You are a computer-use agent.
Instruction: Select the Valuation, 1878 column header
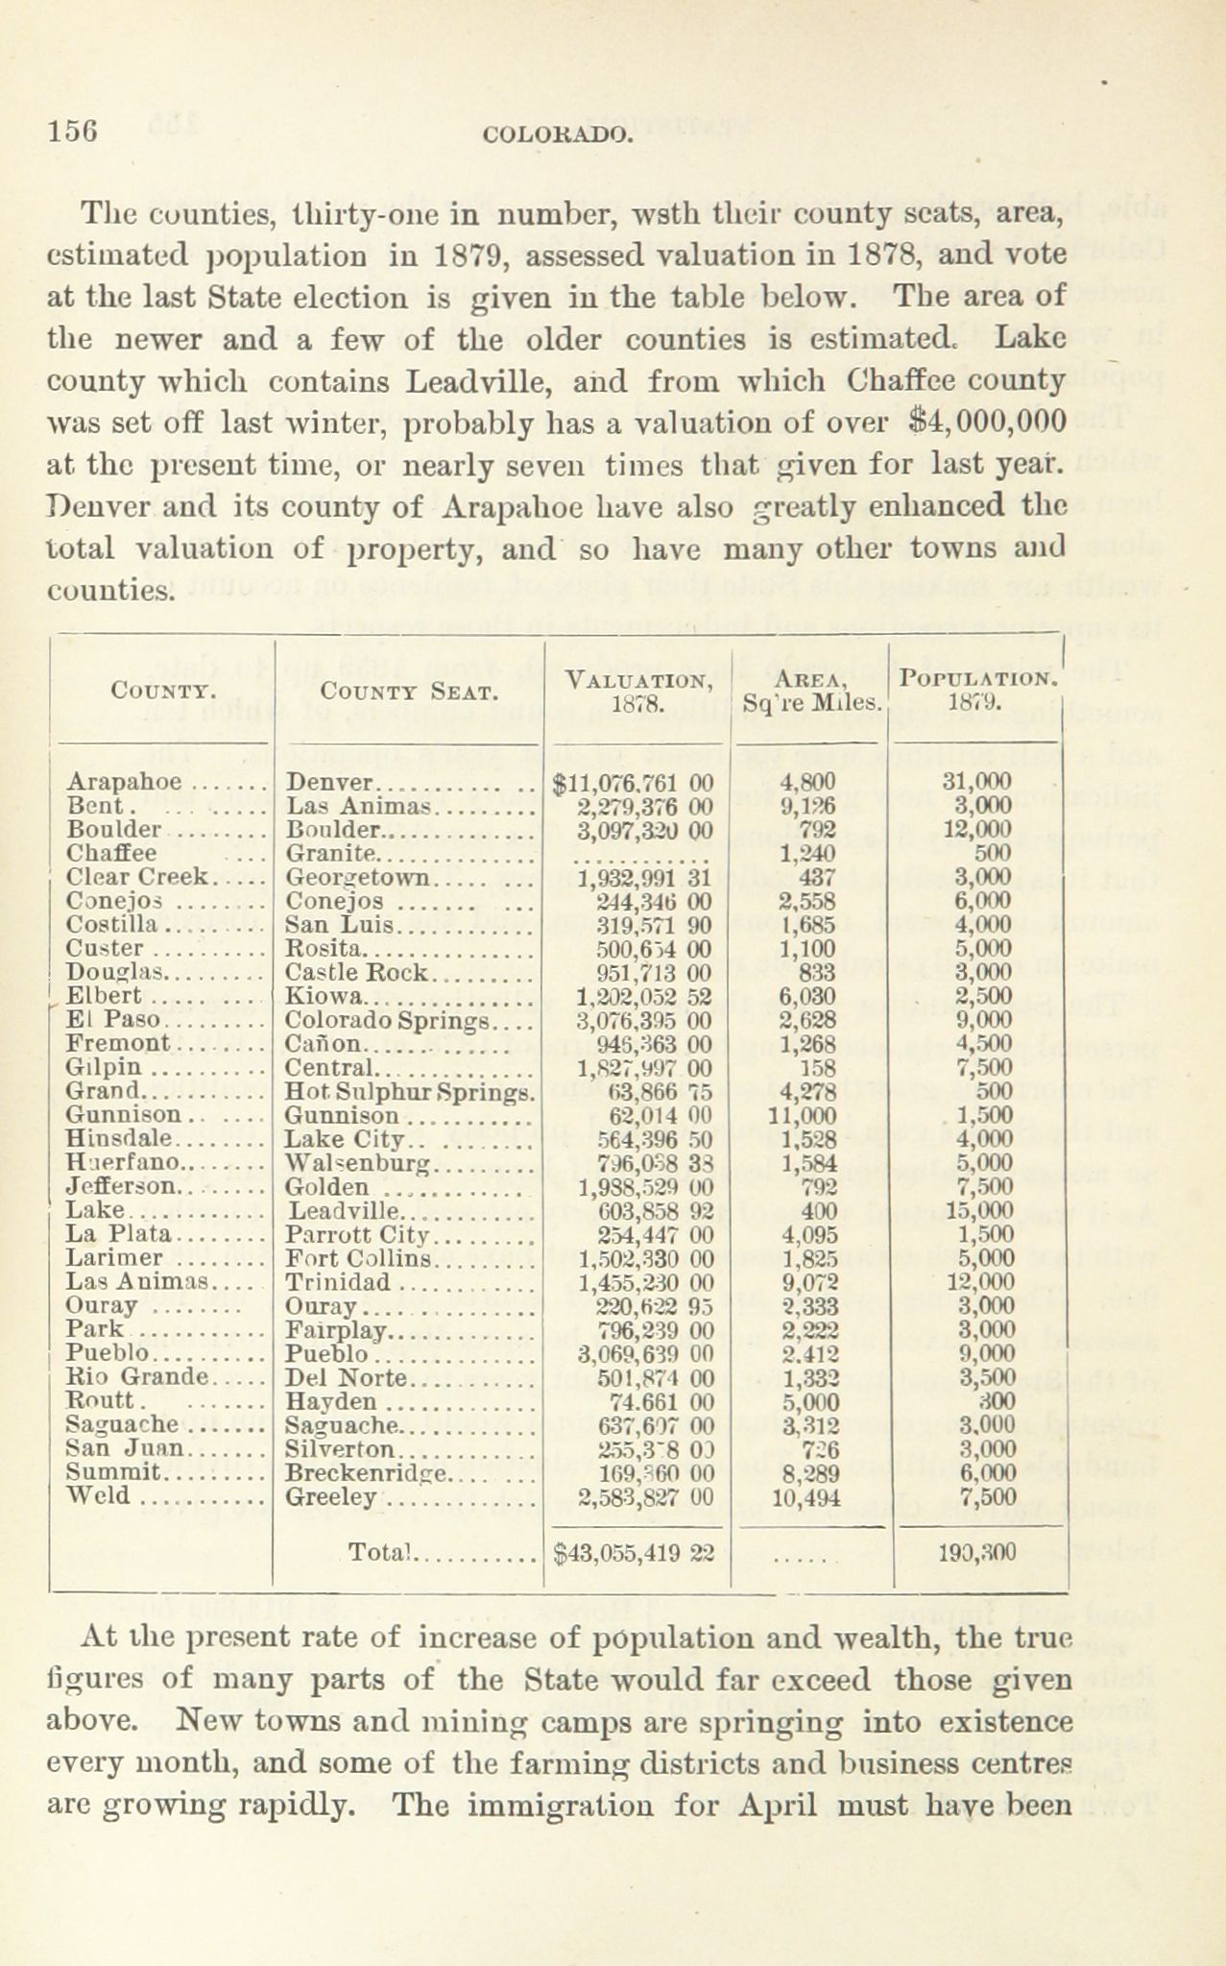(638, 690)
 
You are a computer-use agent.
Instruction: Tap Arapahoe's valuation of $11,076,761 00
(634, 782)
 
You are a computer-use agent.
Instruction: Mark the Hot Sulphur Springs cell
(410, 1091)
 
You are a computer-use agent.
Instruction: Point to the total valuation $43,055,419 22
(634, 1553)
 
